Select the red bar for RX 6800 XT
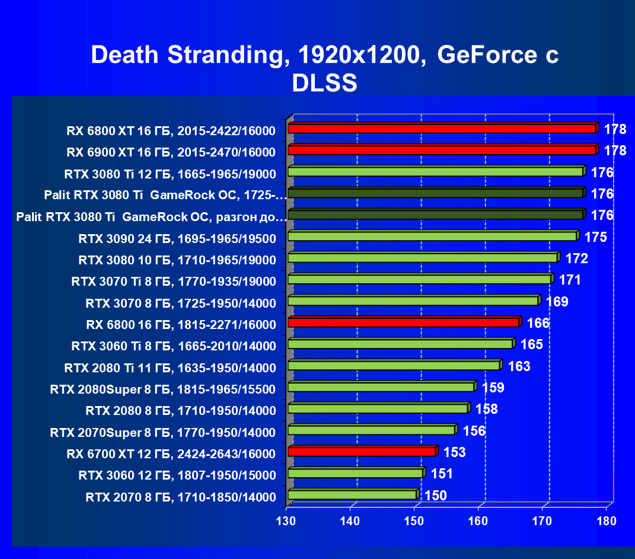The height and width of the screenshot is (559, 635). pos(442,129)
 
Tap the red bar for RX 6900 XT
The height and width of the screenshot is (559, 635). pos(442,150)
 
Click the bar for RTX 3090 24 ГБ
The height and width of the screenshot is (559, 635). pos(432,237)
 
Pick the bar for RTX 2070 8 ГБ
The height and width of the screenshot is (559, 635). pos(352,494)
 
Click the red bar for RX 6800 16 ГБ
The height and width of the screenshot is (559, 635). pos(403,322)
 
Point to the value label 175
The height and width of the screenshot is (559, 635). pos(595,237)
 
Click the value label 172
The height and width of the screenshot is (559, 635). pos(576,258)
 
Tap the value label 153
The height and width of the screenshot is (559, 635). pos(454,452)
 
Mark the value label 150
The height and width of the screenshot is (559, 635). pos(435,496)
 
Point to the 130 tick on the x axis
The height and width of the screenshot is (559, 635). pos(287,521)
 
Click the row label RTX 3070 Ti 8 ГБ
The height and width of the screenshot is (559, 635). pos(174,281)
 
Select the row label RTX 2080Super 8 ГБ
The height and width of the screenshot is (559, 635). pos(163,389)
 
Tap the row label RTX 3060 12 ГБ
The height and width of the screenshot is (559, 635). pos(177,475)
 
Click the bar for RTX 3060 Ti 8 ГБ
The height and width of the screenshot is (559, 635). pos(400,344)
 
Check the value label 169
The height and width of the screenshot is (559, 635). pos(557,302)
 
